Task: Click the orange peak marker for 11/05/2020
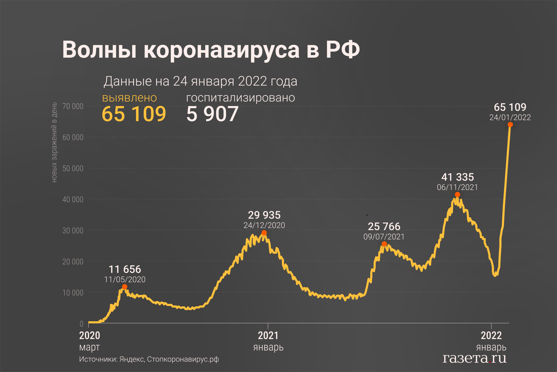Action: [x=125, y=287]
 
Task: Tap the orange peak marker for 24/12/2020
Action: [x=264, y=233]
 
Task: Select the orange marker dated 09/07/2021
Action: [x=384, y=244]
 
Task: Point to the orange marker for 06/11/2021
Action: [x=458, y=195]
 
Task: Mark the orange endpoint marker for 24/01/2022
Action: [x=510, y=125]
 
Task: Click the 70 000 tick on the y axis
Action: [x=73, y=106]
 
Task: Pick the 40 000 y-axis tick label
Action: [x=73, y=200]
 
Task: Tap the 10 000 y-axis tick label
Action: [x=73, y=293]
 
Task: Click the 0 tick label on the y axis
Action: [x=81, y=324]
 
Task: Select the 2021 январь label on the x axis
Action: [x=268, y=341]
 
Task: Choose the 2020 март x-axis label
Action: [x=90, y=341]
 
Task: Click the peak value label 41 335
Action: [x=458, y=177]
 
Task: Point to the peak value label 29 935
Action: [x=264, y=215]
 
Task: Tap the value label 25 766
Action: [x=384, y=226]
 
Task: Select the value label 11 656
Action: [x=125, y=269]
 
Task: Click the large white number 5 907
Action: [x=212, y=114]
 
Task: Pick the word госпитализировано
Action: [x=240, y=98]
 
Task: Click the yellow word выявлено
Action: [x=129, y=98]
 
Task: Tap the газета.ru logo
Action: [x=475, y=358]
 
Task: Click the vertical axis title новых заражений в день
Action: [x=54, y=142]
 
